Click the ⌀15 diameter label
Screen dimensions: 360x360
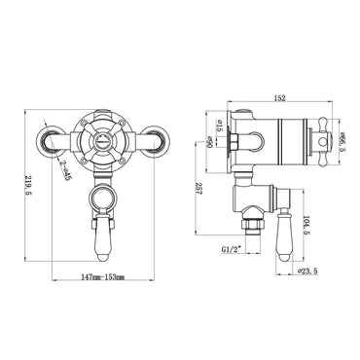pos(221,126)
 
